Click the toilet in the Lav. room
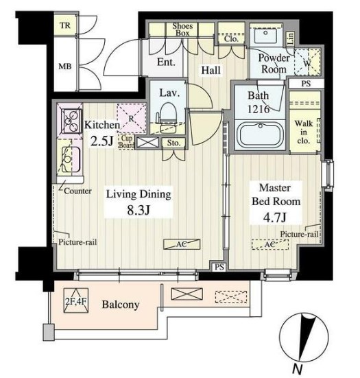coord(167,114)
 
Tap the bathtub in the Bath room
coord(261,134)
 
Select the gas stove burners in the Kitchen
coord(71,121)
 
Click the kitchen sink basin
coord(71,159)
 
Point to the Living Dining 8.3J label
coord(139,202)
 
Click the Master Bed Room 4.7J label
coord(276,202)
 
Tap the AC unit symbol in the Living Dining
coord(182,244)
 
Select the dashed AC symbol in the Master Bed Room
coord(270,244)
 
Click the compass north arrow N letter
coord(298,368)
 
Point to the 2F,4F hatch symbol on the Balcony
coord(76,300)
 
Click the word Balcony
coord(121,305)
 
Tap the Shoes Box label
coord(182,29)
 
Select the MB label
coord(65,67)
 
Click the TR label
coord(65,25)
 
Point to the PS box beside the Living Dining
coord(219,267)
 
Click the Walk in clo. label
coord(304,132)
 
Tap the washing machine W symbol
coord(308,62)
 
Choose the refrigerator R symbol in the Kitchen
coord(132,119)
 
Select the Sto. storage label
coord(173,143)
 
